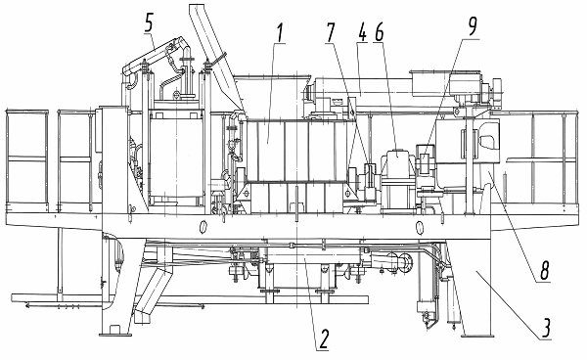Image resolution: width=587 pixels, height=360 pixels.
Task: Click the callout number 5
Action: click(x=149, y=22)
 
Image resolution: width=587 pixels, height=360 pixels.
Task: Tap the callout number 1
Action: click(x=279, y=32)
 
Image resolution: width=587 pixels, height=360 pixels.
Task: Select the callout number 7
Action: click(x=331, y=32)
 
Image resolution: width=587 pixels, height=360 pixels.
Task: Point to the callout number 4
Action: click(x=362, y=32)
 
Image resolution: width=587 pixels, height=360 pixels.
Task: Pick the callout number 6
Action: click(x=379, y=32)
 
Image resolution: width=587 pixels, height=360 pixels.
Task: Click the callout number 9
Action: click(x=473, y=26)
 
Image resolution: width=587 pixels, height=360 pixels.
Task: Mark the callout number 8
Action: click(x=544, y=270)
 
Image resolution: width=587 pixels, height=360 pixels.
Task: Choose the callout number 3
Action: click(x=547, y=328)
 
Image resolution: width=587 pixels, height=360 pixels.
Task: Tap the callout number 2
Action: click(x=323, y=339)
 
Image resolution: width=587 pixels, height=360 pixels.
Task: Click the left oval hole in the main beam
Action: click(x=203, y=226)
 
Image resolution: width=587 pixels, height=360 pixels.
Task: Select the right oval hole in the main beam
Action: click(x=420, y=227)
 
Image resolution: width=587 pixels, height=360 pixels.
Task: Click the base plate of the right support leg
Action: click(x=475, y=335)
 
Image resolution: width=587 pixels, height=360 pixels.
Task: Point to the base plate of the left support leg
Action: click(x=115, y=334)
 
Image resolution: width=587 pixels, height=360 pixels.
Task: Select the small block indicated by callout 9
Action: click(x=425, y=159)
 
